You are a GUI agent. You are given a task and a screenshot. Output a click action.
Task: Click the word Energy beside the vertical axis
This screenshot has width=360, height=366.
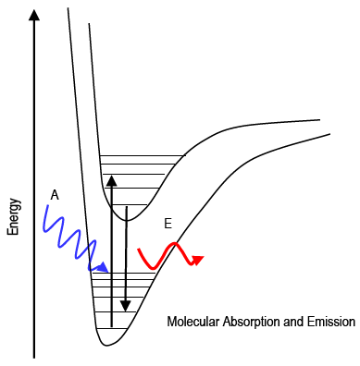point(14,217)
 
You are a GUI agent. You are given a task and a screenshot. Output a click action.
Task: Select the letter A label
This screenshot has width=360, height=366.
point(55,195)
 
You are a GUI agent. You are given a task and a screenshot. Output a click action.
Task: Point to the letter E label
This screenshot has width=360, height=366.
point(168,224)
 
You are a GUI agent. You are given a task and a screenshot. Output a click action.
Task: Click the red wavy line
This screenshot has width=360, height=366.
point(167,252)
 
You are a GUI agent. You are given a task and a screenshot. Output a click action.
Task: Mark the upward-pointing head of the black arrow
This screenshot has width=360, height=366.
point(111,179)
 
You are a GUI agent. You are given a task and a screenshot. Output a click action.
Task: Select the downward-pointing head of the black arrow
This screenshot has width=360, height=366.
point(126,306)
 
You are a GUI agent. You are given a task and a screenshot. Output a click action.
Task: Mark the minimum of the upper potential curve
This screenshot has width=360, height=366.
point(130,221)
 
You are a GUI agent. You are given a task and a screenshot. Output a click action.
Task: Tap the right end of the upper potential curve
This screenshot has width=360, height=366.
point(319,119)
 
